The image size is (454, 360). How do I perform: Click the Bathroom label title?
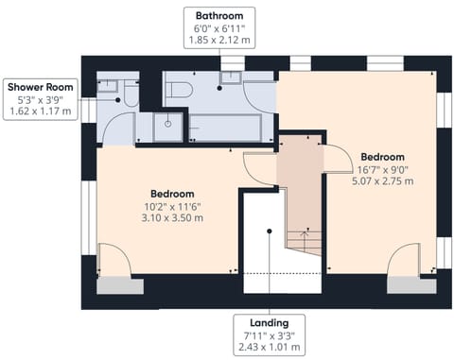(218, 16)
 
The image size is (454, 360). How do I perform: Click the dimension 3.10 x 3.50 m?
(172, 217)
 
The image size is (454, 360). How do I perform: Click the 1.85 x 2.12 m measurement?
(218, 42)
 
